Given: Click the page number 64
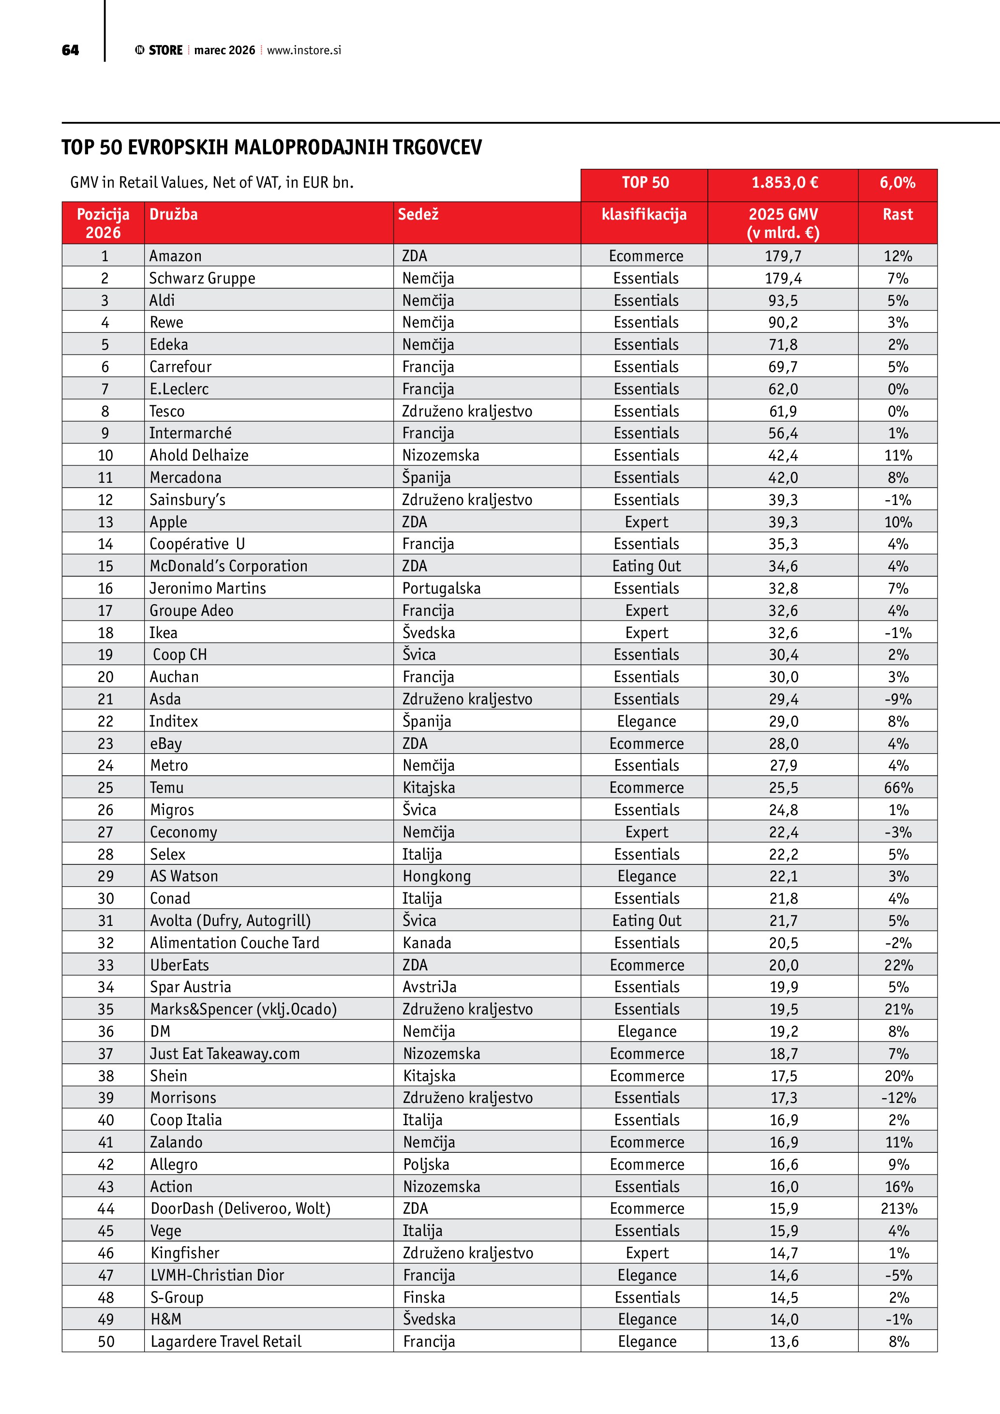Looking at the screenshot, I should [70, 50].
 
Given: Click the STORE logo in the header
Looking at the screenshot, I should [160, 50].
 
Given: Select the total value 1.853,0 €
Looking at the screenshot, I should [784, 183].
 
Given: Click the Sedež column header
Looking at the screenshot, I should [418, 214].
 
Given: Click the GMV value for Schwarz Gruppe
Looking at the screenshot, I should [783, 278].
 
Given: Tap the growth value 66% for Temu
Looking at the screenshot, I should [898, 788].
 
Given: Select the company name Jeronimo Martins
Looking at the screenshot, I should [208, 588].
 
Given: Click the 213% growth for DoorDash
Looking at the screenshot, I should [898, 1208].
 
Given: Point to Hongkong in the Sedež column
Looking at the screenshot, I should [436, 877].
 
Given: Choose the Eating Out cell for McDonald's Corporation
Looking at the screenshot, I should [646, 566].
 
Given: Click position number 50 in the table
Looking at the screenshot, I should [106, 1341].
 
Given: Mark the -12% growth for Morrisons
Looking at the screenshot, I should [898, 1098].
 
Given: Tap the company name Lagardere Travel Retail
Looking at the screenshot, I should [226, 1341].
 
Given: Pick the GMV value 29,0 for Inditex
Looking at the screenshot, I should [783, 721].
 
